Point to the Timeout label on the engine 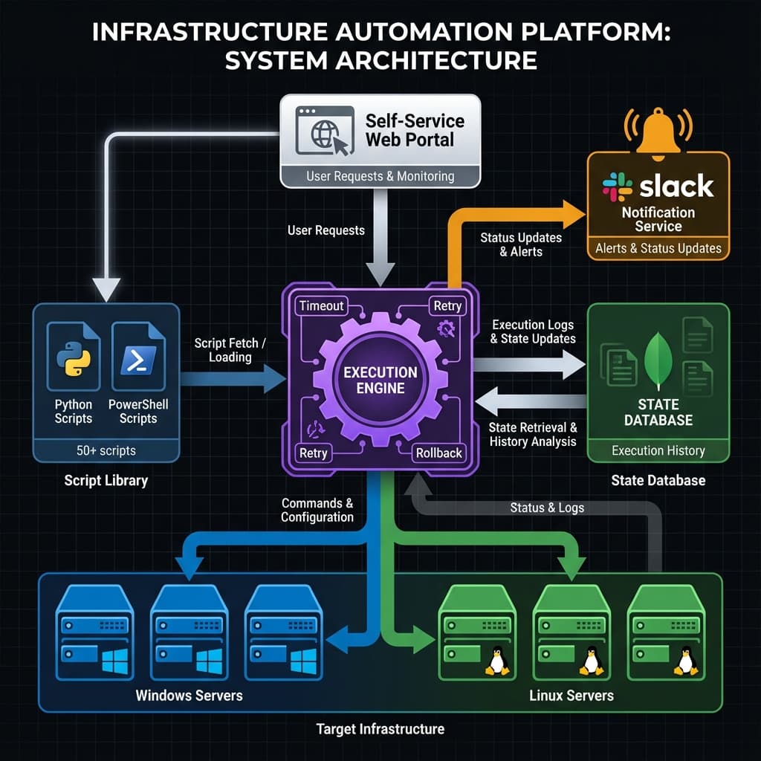(x=321, y=305)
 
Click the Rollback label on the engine (x=438, y=453)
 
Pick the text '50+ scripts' (x=106, y=450)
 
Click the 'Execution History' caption (x=658, y=450)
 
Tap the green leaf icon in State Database (x=658, y=360)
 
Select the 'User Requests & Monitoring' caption (x=380, y=176)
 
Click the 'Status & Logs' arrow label (x=547, y=508)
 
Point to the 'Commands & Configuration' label (x=317, y=510)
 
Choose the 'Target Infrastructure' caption (x=380, y=728)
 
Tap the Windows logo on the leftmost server (x=114, y=658)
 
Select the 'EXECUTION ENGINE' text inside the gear (x=380, y=379)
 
